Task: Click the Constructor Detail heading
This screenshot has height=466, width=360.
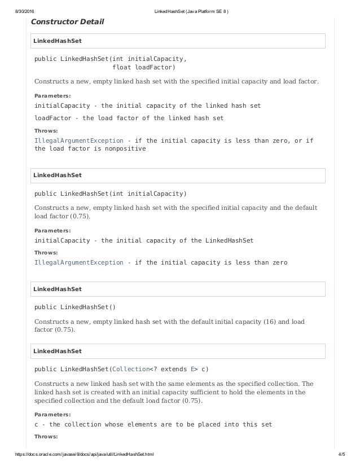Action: [x=67, y=22]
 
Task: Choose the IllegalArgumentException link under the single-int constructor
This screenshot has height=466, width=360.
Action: [x=79, y=262]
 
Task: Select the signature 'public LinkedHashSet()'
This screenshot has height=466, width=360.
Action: [x=75, y=307]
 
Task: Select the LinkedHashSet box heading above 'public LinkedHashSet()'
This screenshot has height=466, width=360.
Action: [x=58, y=289]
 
